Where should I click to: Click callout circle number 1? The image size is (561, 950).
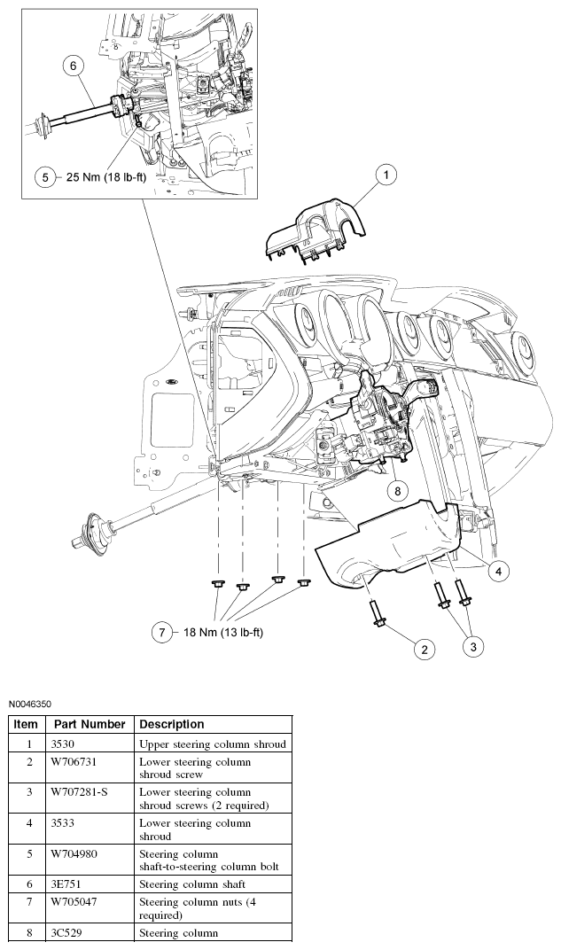point(386,175)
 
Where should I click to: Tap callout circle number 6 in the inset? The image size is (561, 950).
point(74,65)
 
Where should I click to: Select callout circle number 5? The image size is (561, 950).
point(46,176)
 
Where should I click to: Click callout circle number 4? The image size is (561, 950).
point(498,572)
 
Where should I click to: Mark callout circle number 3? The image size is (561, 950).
point(473,648)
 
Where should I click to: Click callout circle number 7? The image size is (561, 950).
point(161,633)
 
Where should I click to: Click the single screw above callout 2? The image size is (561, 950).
point(376,614)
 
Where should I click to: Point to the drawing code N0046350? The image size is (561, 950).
point(31,705)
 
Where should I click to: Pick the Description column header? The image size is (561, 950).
point(172,724)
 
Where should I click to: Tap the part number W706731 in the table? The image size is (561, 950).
point(75,762)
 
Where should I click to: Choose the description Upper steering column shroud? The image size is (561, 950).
point(213,744)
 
